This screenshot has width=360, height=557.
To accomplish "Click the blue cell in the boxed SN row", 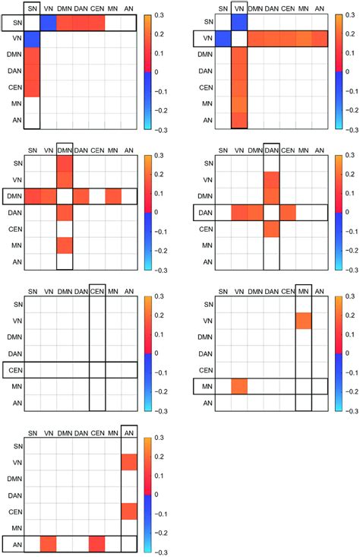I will click(x=48, y=24).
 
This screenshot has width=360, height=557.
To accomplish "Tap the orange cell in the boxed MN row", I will click(x=238, y=386).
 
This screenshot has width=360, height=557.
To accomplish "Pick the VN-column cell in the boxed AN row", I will click(x=48, y=543).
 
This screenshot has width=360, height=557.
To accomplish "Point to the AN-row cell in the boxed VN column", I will click(x=238, y=120).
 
